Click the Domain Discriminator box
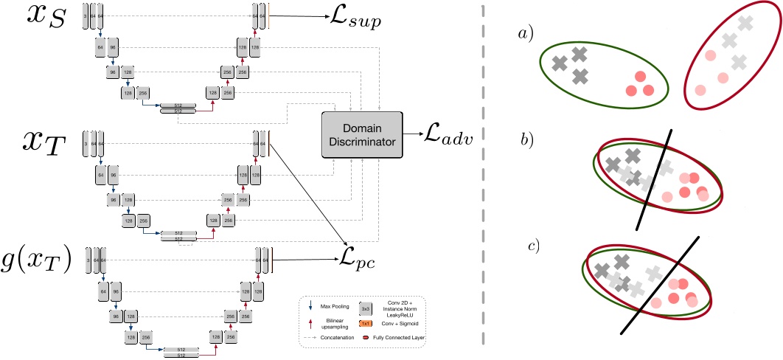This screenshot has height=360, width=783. coord(363,134)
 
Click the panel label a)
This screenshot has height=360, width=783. coord(526,32)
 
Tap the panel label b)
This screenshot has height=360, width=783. coord(526,137)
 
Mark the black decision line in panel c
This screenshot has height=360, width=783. coord(661,284)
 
